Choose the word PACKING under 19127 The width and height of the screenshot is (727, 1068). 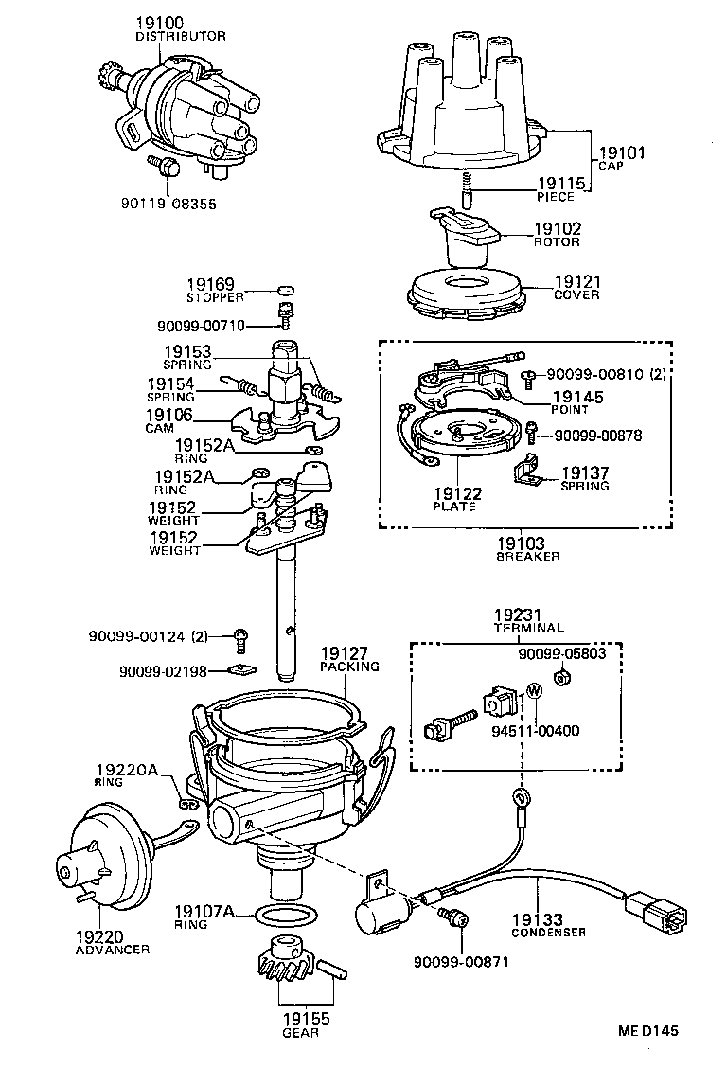[x=349, y=667]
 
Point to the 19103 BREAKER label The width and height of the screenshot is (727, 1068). [x=528, y=549]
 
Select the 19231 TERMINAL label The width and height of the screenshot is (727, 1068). [x=528, y=620]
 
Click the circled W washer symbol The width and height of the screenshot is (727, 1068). [x=533, y=690]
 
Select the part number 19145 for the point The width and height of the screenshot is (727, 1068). [x=576, y=398]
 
